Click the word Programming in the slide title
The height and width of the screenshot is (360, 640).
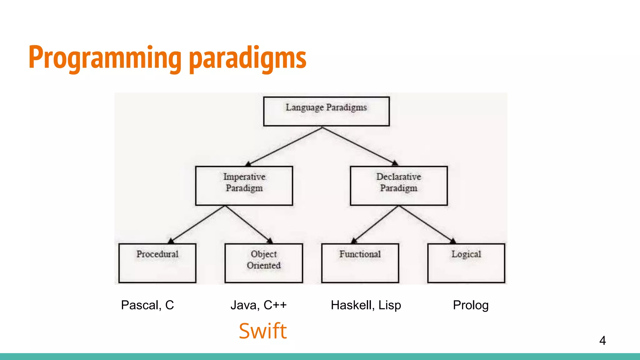(x=105, y=58)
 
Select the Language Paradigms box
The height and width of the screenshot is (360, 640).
(x=326, y=111)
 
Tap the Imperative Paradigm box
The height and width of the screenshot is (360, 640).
(x=244, y=186)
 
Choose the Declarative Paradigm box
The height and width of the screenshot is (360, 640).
(x=399, y=186)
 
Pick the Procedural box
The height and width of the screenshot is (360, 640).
(x=157, y=263)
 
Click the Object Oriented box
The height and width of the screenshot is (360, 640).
(x=263, y=263)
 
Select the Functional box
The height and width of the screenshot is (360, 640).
(x=360, y=263)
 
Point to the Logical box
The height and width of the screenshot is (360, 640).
(x=466, y=263)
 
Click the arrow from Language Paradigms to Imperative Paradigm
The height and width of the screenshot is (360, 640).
(x=284, y=146)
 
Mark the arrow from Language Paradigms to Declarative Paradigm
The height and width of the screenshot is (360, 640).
(x=359, y=146)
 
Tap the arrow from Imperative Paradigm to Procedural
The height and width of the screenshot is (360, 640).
(x=197, y=224)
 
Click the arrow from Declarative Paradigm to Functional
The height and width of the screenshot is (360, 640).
(x=376, y=224)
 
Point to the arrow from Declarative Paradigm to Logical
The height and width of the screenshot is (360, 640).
(x=426, y=224)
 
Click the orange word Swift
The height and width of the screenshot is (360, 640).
(x=262, y=331)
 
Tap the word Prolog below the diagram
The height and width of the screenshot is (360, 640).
(x=471, y=305)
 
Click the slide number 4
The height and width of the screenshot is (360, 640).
(x=602, y=340)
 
